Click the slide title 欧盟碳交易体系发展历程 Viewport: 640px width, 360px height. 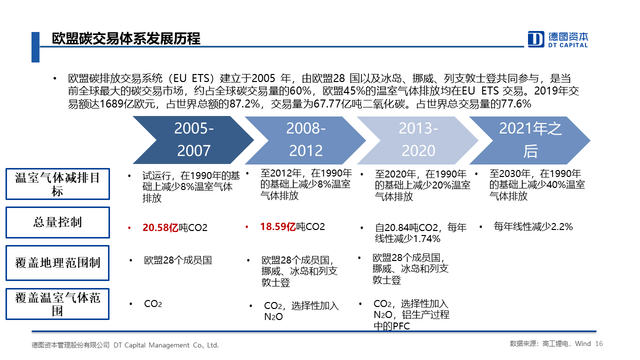126,38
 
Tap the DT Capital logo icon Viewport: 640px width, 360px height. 535,39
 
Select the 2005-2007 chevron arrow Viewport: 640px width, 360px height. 193,140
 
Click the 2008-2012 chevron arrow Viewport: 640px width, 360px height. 305,140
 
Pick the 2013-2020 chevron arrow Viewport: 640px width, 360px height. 417,140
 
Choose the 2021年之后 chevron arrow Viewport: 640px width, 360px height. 530,140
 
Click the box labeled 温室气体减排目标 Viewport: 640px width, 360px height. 57,184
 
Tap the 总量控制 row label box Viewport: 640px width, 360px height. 57,222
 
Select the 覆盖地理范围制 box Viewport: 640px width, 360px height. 57,263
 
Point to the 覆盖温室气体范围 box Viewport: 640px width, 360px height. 57,304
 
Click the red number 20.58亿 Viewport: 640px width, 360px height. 160,227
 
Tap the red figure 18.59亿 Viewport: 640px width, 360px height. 278,227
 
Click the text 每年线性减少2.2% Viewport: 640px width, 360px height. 533,227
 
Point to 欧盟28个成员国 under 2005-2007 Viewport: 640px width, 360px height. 177,260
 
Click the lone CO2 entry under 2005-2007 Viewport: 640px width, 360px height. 153,303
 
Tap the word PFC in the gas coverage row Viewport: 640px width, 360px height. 401,326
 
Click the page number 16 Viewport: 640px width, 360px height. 599,343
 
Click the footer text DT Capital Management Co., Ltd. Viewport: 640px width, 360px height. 166,345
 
